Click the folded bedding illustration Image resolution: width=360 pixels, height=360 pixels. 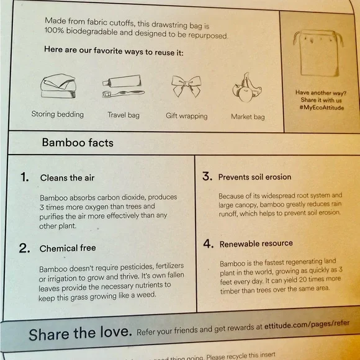point(58,86)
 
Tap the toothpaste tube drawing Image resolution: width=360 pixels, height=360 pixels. point(122,81)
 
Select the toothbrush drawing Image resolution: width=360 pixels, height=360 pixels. point(124,94)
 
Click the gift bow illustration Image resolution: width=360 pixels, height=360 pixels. point(186,86)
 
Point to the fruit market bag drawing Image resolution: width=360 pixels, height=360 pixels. point(246,88)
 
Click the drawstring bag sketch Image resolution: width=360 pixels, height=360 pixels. point(318,53)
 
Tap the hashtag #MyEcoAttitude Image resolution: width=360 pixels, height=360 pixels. point(322,107)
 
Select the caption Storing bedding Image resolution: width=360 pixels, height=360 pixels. point(57,114)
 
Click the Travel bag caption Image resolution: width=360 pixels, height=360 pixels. point(124,115)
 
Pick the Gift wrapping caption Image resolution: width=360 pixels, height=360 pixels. point(186,116)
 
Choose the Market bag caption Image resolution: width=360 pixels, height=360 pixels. point(248,117)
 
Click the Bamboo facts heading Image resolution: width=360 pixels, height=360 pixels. point(78,143)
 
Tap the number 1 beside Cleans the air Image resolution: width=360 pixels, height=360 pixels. point(25,177)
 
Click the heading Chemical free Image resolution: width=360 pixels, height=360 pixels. point(68,248)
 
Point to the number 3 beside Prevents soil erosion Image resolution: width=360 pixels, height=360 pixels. point(207,176)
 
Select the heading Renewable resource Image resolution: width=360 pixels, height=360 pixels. point(256,243)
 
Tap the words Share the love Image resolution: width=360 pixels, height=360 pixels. point(80,333)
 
